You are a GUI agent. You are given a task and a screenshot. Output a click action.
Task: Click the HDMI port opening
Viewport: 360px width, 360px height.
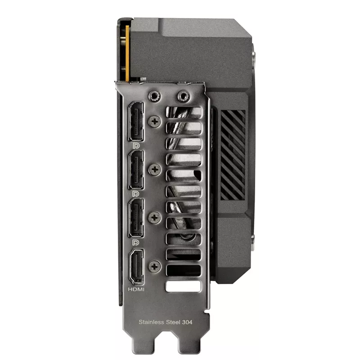pos(136,267)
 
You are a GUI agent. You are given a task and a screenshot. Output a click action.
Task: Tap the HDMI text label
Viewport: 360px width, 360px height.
pos(136,289)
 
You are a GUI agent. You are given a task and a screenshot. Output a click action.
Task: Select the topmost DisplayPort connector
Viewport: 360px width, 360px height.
pos(136,121)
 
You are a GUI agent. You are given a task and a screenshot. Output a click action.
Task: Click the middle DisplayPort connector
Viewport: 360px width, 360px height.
pos(136,170)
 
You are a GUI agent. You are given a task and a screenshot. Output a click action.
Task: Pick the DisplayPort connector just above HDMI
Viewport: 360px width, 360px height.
pos(136,218)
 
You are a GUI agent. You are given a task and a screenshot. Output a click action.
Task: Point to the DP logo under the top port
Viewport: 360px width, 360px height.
pos(136,145)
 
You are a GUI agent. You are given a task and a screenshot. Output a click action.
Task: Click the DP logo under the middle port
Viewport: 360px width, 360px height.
pos(136,194)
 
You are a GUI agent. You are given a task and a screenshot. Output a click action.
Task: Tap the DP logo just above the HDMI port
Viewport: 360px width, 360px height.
pos(136,243)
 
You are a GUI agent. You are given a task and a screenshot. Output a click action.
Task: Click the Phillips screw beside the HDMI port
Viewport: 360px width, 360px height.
pos(155,266)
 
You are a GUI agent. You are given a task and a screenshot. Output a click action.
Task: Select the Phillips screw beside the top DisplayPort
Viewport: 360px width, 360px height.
pos(155,121)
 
